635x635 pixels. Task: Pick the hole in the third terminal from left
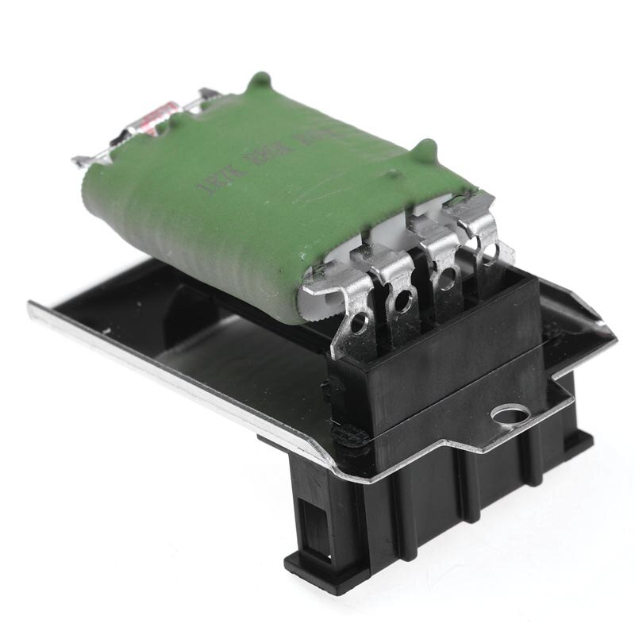point(448,277)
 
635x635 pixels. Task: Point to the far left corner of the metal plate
point(30,303)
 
